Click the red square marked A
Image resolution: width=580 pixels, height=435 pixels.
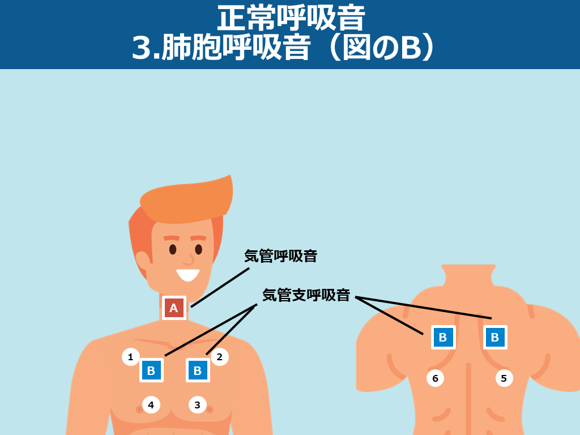174,308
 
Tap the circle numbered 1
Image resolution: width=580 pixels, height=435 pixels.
131,357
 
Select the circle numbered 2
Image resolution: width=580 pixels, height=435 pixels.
219,357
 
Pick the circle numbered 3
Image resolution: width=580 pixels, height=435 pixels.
198,404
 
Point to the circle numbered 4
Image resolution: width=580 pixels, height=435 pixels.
151,404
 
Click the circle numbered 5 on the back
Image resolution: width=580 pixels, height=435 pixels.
504,378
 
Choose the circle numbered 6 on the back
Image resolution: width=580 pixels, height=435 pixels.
436,378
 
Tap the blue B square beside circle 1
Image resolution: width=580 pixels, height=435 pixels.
151,370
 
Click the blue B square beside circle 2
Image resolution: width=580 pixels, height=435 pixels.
198,370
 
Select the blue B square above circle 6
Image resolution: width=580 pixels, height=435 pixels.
443,337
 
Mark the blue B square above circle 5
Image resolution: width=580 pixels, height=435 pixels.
495,337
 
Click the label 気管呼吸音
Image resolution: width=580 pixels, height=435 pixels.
281,256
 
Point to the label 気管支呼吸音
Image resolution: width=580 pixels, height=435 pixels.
306,295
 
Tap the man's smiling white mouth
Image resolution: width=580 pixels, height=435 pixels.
188,275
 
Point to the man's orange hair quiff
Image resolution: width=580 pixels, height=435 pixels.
186,200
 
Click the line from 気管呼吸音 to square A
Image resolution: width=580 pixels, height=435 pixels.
220,287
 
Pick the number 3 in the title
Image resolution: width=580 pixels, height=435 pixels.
141,49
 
